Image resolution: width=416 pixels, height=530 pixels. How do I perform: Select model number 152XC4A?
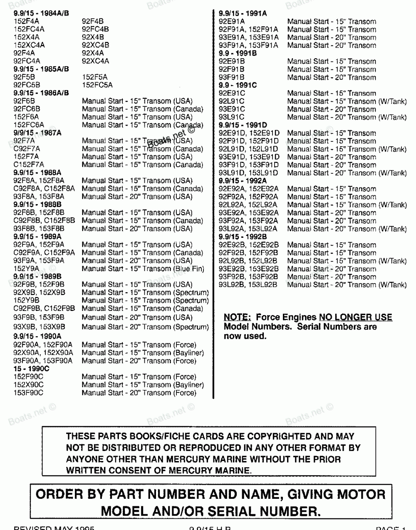coord(29,45)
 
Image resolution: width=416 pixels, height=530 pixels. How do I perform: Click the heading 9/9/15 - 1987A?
coord(37,133)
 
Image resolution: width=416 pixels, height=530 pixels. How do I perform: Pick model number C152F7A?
coord(29,165)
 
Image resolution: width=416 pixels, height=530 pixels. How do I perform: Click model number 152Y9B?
coord(27,300)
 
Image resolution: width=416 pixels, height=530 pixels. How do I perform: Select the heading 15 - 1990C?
coord(32,369)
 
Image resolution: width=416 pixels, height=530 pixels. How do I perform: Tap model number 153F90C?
coord(28,392)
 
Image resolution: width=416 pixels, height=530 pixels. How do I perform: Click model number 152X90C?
coord(28,385)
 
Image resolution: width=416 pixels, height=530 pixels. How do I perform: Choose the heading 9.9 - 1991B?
coord(238,53)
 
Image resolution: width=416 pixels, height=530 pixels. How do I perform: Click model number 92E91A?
coord(232,21)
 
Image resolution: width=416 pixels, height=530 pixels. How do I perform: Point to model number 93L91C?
coord(232,117)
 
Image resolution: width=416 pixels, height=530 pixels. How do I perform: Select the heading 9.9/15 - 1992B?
coord(243,237)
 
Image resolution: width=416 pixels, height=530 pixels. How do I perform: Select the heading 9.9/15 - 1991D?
coord(243,125)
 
